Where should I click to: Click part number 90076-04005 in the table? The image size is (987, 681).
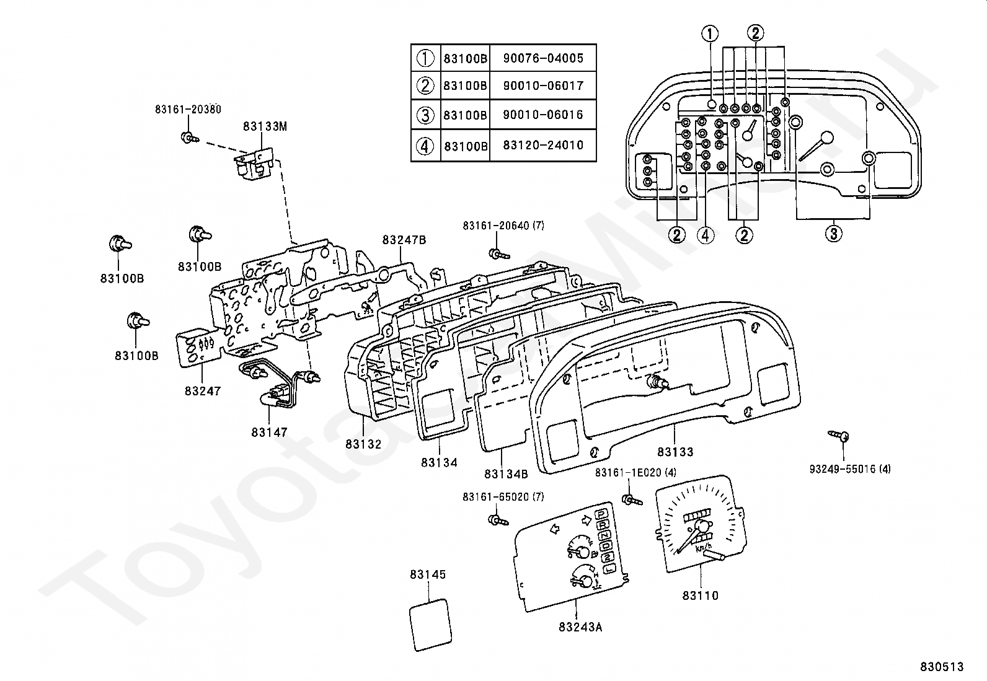pyautogui.click(x=543, y=58)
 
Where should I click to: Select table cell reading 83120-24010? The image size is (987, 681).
pyautogui.click(x=543, y=146)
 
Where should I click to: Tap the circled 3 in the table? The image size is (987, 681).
pyautogui.click(x=425, y=115)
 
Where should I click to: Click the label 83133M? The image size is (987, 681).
pyautogui.click(x=265, y=126)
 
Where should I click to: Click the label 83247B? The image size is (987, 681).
pyautogui.click(x=404, y=240)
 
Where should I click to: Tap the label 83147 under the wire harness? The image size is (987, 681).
pyautogui.click(x=269, y=433)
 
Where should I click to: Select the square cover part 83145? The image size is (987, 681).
pyautogui.click(x=430, y=625)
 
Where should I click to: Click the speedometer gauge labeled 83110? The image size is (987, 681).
pyautogui.click(x=700, y=524)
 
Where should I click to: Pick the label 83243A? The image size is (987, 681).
pyautogui.click(x=580, y=627)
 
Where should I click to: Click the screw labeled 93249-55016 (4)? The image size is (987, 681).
pyautogui.click(x=838, y=436)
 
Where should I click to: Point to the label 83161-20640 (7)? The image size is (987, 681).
pyautogui.click(x=503, y=226)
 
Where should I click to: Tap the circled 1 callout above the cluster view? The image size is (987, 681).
pyautogui.click(x=710, y=33)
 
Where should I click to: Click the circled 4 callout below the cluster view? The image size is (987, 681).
pyautogui.click(x=706, y=235)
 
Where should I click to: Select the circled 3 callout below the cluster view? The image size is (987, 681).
pyautogui.click(x=834, y=234)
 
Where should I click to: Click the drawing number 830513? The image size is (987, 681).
pyautogui.click(x=942, y=667)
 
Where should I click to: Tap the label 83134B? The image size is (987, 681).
pyautogui.click(x=506, y=474)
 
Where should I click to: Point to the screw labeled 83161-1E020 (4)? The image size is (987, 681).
pyautogui.click(x=632, y=501)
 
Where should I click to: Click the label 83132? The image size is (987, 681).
pyautogui.click(x=363, y=444)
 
